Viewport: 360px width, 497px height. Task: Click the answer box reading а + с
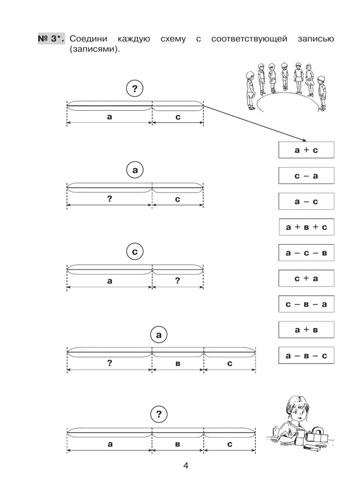tap(306, 150)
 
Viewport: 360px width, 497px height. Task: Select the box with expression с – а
tap(306, 175)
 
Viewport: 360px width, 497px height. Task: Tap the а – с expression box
tap(306, 201)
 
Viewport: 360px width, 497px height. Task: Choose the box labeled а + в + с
tap(306, 227)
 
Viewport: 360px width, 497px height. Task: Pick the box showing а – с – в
tap(306, 252)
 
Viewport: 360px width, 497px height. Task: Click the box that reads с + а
tap(306, 278)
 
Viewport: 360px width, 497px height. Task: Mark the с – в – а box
tap(306, 304)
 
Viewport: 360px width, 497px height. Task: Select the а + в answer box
tap(306, 329)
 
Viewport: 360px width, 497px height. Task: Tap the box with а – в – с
tap(306, 355)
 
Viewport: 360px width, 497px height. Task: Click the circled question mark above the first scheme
tap(135, 87)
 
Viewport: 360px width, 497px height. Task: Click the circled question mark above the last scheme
tap(158, 413)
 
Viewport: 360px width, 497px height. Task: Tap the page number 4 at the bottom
tap(186, 465)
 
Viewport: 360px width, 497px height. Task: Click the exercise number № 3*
tap(51, 39)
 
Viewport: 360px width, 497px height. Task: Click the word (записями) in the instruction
tap(95, 49)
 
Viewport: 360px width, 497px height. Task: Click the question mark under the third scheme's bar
tap(177, 281)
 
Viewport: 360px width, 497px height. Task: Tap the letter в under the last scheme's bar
tap(177, 443)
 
